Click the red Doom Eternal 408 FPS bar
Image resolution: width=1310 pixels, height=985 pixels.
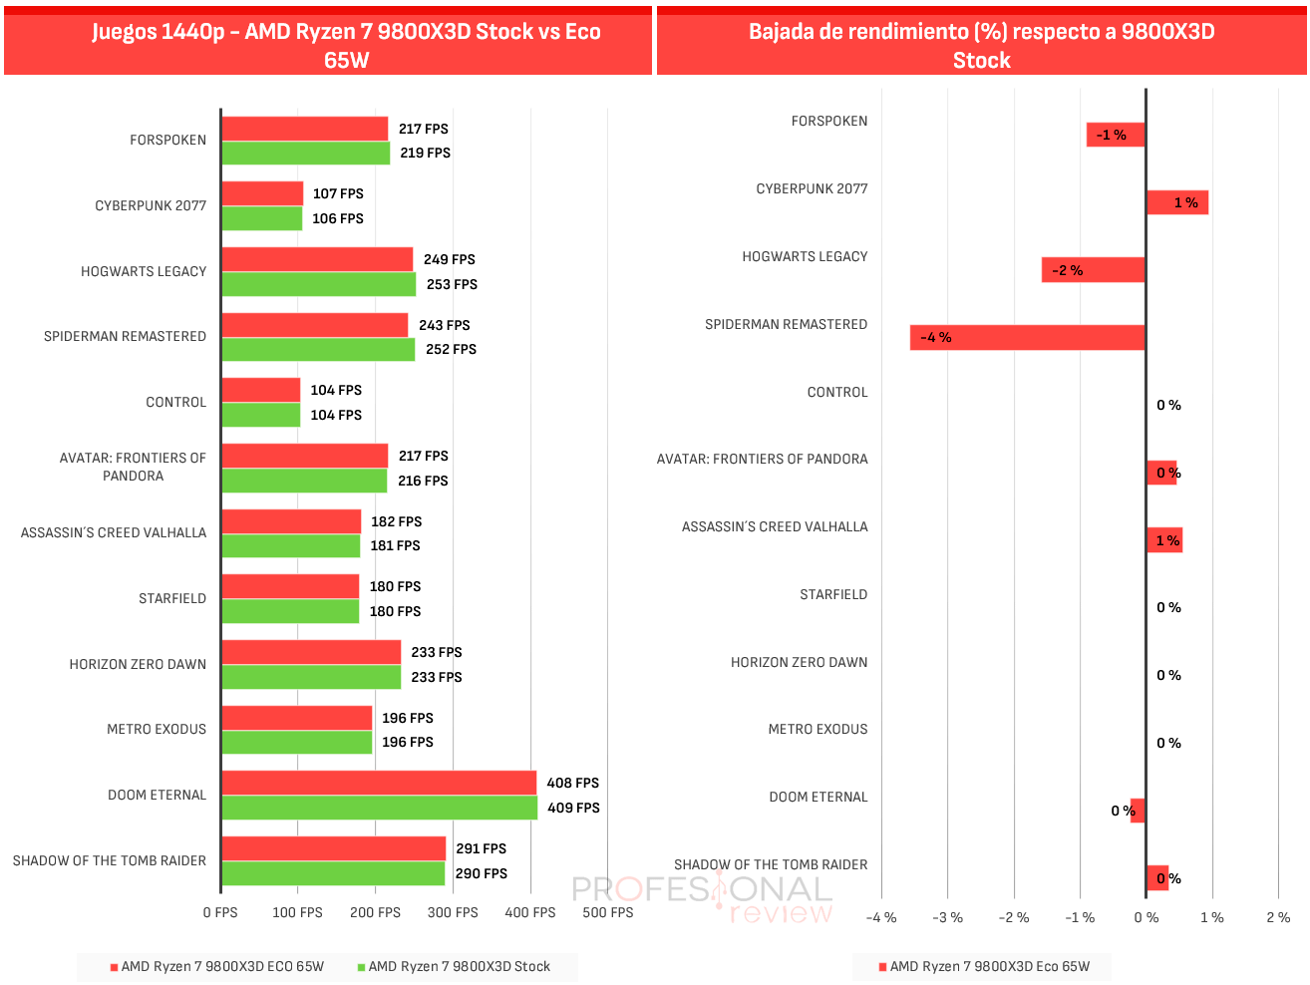point(379,783)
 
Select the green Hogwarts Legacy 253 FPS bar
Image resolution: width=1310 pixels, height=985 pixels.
point(319,284)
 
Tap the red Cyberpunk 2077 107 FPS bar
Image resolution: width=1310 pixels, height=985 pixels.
point(262,193)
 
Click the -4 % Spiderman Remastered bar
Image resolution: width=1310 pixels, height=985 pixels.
point(1027,338)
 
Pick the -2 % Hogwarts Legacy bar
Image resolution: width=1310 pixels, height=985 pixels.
point(1094,269)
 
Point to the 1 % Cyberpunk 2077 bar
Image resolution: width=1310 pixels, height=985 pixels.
point(1177,202)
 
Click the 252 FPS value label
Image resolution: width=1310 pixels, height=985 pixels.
point(452,349)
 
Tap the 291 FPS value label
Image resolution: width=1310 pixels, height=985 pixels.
point(481,848)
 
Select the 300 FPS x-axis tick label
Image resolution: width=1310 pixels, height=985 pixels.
point(453,912)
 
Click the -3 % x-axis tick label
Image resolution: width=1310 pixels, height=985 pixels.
point(948,917)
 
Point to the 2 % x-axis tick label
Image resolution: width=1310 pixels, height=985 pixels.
point(1278,917)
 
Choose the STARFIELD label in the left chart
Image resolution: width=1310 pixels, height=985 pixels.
point(172,598)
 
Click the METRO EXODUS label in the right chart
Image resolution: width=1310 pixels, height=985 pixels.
point(818,729)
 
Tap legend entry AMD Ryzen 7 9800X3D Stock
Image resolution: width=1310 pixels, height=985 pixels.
point(454,966)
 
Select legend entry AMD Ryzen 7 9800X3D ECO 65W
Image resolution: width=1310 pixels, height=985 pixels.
point(217,966)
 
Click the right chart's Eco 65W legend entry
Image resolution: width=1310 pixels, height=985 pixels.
point(984,966)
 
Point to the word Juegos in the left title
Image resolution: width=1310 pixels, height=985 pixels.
point(123,32)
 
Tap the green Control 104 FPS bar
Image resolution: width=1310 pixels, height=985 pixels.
point(261,415)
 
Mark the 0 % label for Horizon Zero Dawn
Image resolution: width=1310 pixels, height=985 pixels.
point(1168,675)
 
